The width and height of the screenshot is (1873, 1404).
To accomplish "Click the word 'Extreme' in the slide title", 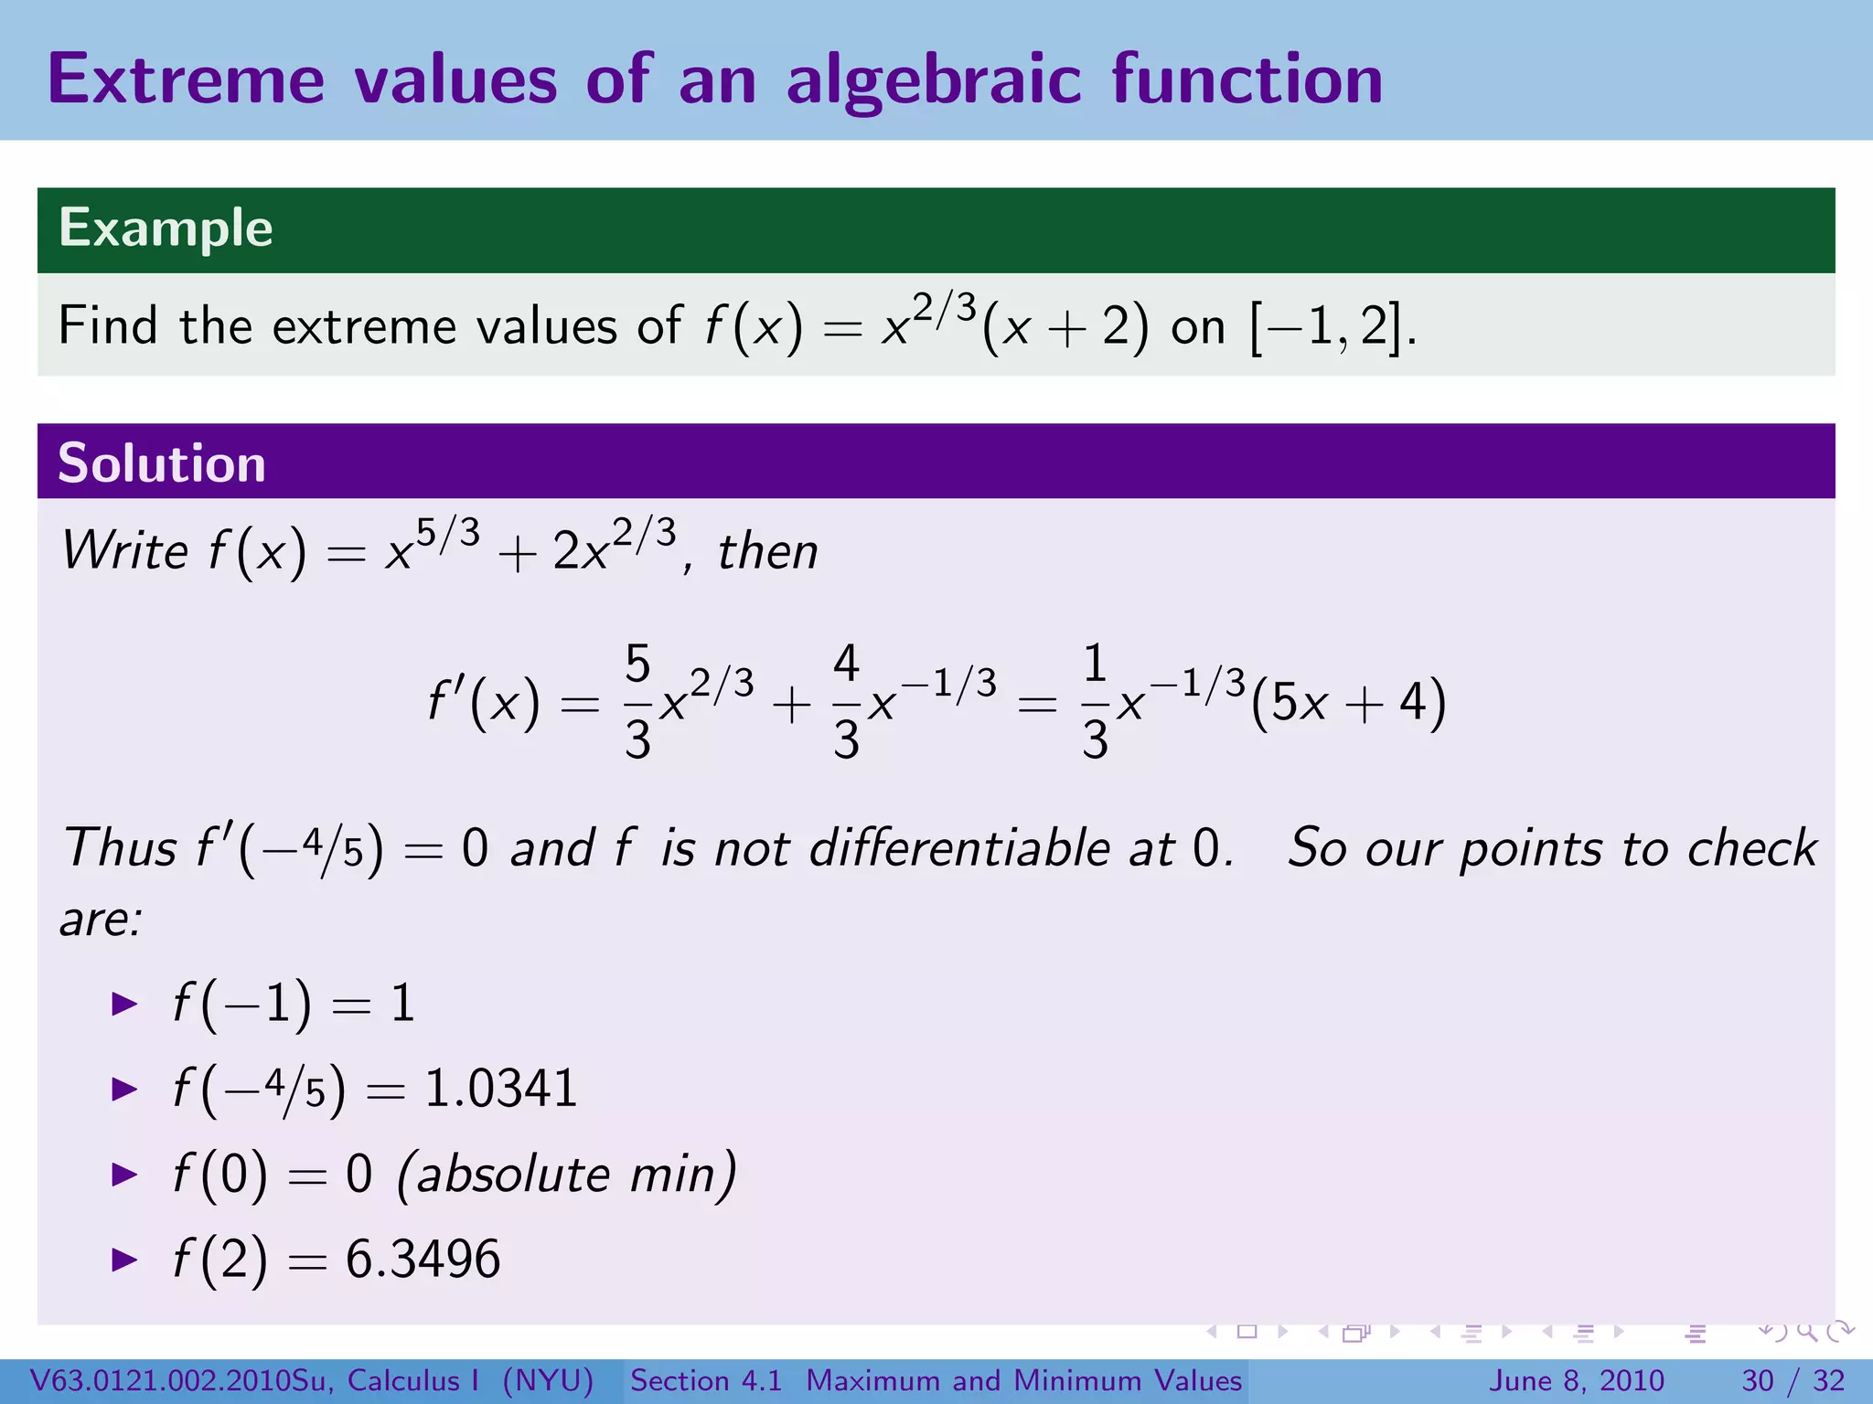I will click(x=187, y=80).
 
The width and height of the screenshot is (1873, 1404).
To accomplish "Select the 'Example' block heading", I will click(x=166, y=228).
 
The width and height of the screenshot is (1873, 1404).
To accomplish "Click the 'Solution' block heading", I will click(x=162, y=463).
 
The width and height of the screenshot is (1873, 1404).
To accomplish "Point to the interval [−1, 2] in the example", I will click(x=1325, y=326).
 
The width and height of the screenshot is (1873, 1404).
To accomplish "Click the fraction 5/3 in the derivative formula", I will click(x=637, y=702).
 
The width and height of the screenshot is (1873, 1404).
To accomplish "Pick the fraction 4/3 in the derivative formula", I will click(x=846, y=702).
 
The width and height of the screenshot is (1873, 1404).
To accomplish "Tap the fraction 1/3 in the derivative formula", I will click(x=1095, y=702).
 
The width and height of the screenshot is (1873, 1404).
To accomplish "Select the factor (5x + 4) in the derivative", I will click(x=1348, y=703).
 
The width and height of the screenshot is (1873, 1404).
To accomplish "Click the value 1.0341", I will click(x=501, y=1089).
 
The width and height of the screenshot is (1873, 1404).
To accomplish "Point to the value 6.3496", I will click(x=423, y=1259).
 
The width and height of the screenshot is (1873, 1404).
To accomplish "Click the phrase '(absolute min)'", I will click(x=566, y=1174).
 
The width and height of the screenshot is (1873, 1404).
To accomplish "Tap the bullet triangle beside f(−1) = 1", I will click(x=124, y=1005).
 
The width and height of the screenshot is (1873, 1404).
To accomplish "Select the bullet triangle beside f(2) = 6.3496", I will click(x=124, y=1260).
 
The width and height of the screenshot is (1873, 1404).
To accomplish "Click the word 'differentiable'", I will click(x=960, y=847).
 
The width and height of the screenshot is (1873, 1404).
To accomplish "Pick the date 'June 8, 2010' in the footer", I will click(x=1578, y=1380).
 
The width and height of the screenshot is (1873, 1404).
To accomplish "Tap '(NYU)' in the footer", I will click(x=548, y=1380).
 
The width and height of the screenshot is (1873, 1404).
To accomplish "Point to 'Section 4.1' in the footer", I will click(x=706, y=1380).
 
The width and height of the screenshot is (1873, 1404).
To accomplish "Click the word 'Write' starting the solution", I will click(x=124, y=551).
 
